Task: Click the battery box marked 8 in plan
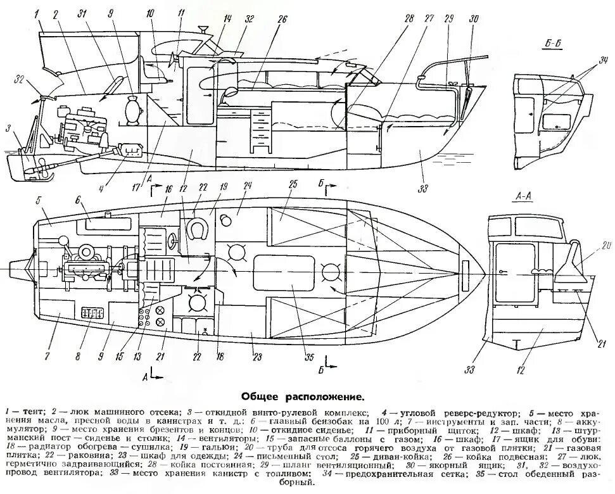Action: pos(92,313)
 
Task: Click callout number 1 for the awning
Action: pos(37,13)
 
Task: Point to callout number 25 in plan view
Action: pos(292,184)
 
